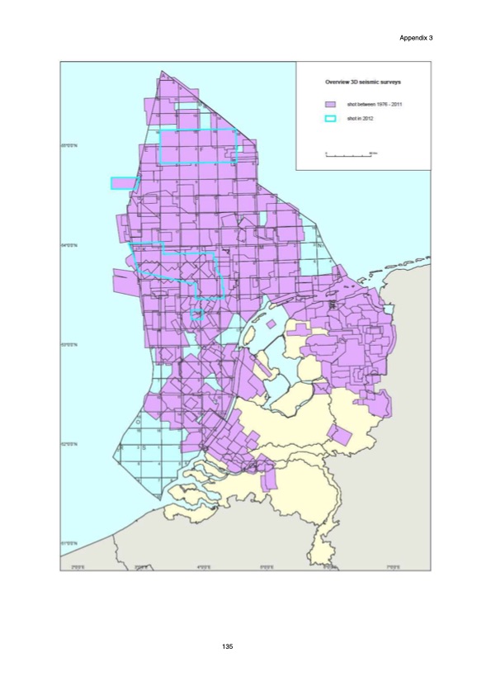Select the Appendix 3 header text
(415, 38)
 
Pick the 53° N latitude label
(68, 344)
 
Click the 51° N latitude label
(68, 542)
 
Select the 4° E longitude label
(204, 565)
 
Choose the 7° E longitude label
(394, 565)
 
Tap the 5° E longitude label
(267, 565)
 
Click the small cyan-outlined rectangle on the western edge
(123, 183)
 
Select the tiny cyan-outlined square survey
(196, 314)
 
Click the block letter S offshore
(145, 447)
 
